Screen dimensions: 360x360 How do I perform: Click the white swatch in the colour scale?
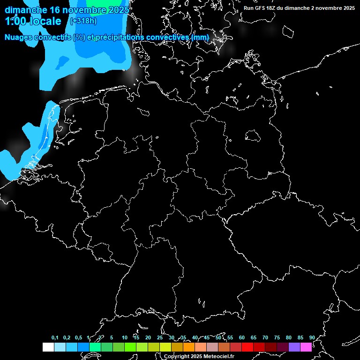tap(48, 347)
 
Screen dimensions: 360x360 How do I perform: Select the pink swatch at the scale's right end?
tap(306, 347)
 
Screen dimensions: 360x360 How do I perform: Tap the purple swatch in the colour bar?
tap(294, 347)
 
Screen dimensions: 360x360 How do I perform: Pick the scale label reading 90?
tap(312, 337)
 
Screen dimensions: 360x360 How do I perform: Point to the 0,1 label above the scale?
tap(55, 337)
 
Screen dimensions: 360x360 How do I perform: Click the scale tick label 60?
tap(242, 337)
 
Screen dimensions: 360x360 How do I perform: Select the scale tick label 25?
tap(160, 337)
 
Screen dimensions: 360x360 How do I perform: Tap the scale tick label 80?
tap(289, 337)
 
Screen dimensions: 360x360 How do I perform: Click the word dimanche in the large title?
tap(26, 9)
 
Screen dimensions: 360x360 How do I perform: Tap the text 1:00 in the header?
tap(15, 21)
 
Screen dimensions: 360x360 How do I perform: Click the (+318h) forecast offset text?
tap(83, 21)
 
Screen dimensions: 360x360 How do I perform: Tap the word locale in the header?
tap(46, 21)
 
